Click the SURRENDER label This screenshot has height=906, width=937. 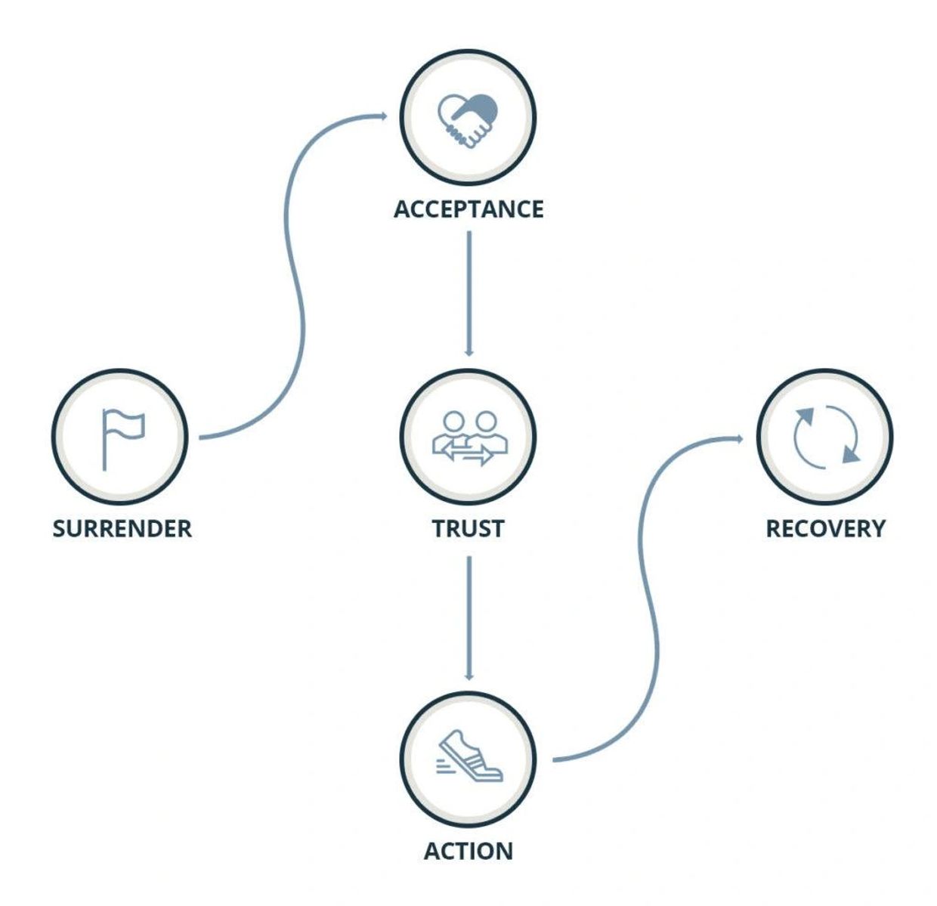pyautogui.click(x=122, y=528)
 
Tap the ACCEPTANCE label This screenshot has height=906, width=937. pyautogui.click(x=468, y=209)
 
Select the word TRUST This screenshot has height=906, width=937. pyautogui.click(x=468, y=528)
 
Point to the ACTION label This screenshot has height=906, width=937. pyautogui.click(x=468, y=851)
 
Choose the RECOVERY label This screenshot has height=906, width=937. pyautogui.click(x=825, y=528)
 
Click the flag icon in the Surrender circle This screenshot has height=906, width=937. pyautogui.click(x=122, y=437)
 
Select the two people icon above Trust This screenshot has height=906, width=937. pyautogui.click(x=468, y=437)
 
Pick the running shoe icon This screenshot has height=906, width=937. pyautogui.click(x=470, y=756)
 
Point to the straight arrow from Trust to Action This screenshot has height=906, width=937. pyautogui.click(x=468, y=616)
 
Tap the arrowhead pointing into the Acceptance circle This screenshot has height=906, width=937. pyautogui.click(x=382, y=116)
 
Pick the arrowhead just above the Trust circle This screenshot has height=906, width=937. pyautogui.click(x=468, y=351)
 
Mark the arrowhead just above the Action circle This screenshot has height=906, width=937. pyautogui.click(x=468, y=676)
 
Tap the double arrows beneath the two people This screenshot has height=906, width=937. pyautogui.click(x=467, y=453)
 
